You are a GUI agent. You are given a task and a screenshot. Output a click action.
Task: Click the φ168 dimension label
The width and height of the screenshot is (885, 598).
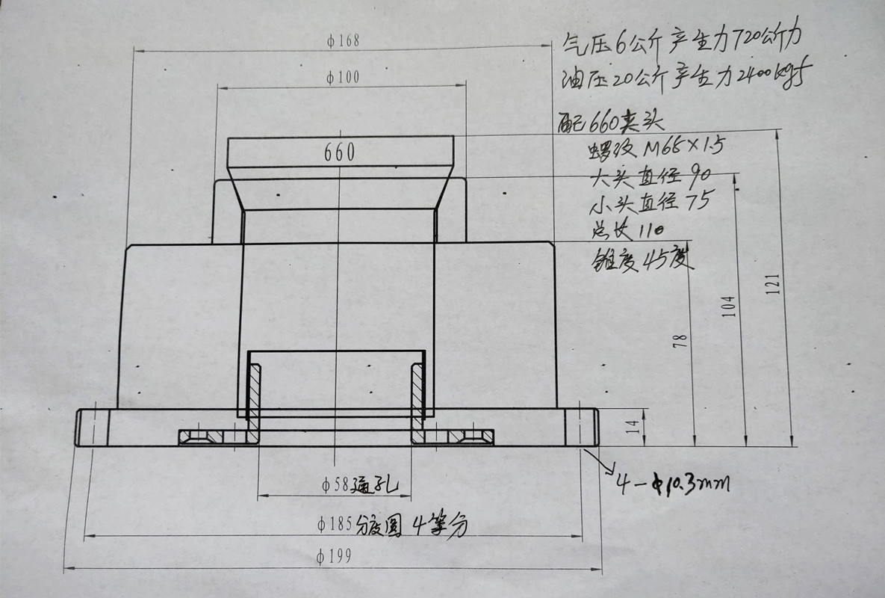(343, 42)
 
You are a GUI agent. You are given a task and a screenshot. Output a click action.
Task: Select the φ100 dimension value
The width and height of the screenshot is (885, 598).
(343, 78)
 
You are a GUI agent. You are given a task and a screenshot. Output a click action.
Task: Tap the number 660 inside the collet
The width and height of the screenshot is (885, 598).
(339, 152)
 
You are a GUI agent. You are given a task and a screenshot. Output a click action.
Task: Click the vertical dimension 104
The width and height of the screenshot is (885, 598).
(730, 306)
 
